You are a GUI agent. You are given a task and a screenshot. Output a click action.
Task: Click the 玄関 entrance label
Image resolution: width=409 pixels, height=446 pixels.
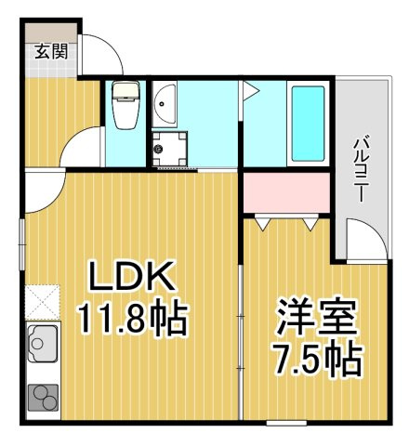tap(51, 51)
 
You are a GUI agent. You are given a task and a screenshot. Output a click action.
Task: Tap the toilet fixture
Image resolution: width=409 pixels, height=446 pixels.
tap(125, 105)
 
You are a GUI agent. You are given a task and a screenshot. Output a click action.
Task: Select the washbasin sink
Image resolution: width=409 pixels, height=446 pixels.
tap(165, 104)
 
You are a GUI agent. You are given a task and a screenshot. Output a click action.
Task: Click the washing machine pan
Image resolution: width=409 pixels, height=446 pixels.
tap(169, 149)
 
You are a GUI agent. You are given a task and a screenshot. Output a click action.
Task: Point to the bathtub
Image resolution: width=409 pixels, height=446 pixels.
tap(308, 124)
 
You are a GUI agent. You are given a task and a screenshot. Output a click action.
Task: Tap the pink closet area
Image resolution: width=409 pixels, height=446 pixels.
tap(286, 192)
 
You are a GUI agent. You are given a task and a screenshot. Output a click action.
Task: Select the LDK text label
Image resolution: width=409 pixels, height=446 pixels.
tap(131, 276)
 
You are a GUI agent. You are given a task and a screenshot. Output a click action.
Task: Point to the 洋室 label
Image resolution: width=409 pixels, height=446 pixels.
tap(315, 315)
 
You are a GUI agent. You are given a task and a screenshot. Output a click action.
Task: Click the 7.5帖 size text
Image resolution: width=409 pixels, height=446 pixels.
tap(317, 360)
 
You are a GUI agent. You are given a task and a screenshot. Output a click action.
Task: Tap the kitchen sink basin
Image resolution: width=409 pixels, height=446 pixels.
tap(43, 343)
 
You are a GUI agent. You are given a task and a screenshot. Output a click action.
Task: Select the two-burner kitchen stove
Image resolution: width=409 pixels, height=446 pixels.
tap(44, 398)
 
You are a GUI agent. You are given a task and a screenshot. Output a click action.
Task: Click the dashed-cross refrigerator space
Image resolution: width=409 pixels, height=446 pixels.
tap(43, 302)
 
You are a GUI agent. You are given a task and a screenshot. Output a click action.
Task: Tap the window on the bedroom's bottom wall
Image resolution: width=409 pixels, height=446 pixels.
tap(286, 423)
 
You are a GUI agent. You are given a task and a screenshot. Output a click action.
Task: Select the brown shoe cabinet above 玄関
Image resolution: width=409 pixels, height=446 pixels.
tap(51, 33)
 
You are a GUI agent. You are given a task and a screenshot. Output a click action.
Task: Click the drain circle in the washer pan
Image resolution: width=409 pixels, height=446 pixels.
tap(159, 150)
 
